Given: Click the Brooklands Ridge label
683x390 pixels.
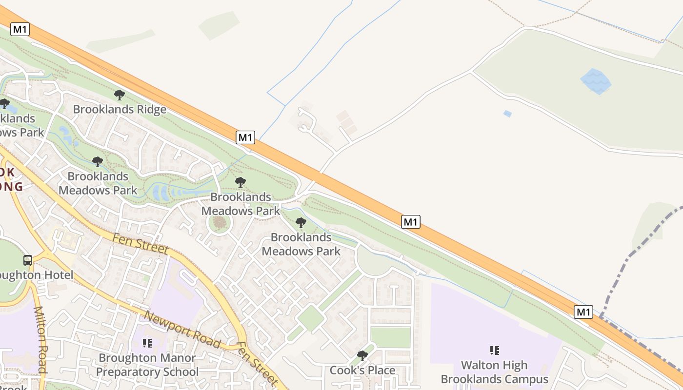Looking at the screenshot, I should pyautogui.click(x=120, y=109).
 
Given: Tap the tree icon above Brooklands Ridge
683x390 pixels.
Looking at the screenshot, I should pyautogui.click(x=119, y=95).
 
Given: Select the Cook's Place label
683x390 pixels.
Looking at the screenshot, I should pyautogui.click(x=362, y=370).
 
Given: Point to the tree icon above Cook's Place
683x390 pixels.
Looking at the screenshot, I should pyautogui.click(x=362, y=356).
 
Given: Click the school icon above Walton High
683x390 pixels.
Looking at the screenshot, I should pyautogui.click(x=495, y=350).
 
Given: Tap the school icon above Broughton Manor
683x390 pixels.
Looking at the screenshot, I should pyautogui.click(x=147, y=343).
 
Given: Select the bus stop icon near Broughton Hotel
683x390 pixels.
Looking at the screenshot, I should pyautogui.click(x=28, y=260).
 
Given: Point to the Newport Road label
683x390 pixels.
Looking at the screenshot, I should pyautogui.click(x=183, y=331).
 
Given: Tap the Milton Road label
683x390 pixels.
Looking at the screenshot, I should pyautogui.click(x=40, y=340).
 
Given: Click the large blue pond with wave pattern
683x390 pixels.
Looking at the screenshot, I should pyautogui.click(x=595, y=81).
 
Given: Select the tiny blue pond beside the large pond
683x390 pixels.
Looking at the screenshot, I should pyautogui.click(x=507, y=114).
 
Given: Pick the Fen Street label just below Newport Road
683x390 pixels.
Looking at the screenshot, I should pyautogui.click(x=257, y=363).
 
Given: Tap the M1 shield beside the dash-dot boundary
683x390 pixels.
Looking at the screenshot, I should pyautogui.click(x=583, y=312).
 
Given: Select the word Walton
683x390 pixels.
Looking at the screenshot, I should pyautogui.click(x=480, y=365).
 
